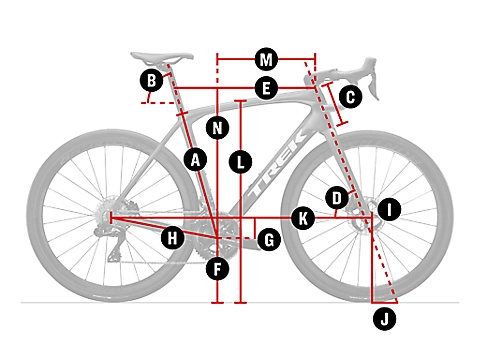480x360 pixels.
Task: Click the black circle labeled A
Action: point(195,160)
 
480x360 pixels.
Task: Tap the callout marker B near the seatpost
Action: point(151,80)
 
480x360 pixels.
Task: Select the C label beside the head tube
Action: point(350,97)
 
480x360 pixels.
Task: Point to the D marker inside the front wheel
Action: point(337,198)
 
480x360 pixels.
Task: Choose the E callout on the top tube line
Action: point(266,88)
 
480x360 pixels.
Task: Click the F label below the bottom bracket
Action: point(217,269)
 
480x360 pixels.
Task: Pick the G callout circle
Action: point(269,239)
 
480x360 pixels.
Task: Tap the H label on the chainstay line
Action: point(172,238)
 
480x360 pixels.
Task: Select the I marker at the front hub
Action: point(389,209)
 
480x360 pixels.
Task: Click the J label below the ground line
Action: point(384,319)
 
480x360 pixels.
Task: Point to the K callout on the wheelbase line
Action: point(303,219)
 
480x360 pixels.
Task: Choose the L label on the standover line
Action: point(240,162)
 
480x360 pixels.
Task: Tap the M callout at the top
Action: point(266,60)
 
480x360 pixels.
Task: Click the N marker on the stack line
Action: point(217,128)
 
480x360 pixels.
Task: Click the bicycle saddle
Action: point(162,57)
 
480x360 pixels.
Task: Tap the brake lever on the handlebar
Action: point(373,80)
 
